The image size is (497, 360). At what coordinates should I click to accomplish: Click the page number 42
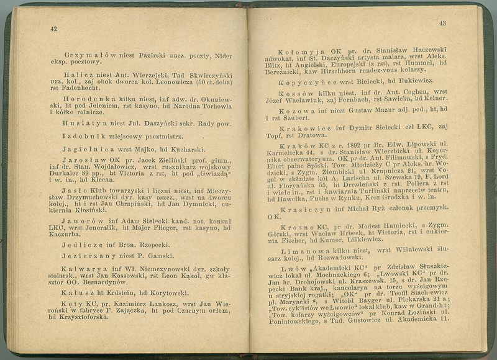[x=54, y=29]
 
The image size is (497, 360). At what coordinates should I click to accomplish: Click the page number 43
[x=442, y=24]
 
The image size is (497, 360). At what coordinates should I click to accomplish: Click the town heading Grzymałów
[x=87, y=55]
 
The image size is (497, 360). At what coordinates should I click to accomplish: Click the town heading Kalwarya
[x=84, y=269]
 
